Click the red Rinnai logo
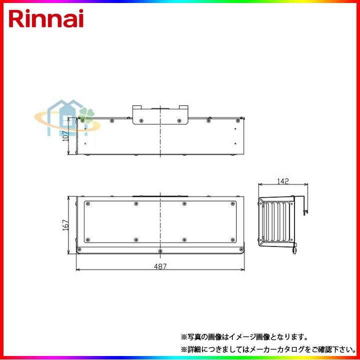pyautogui.click(x=46, y=18)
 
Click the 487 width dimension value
pyautogui.click(x=160, y=267)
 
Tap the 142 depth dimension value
pyautogui.click(x=282, y=181)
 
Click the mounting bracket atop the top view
pyautogui.click(x=160, y=115)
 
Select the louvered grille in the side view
pyautogui.click(x=278, y=222)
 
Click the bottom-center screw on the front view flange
pyautogui.click(x=160, y=250)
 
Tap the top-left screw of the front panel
pyautogui.click(x=87, y=203)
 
